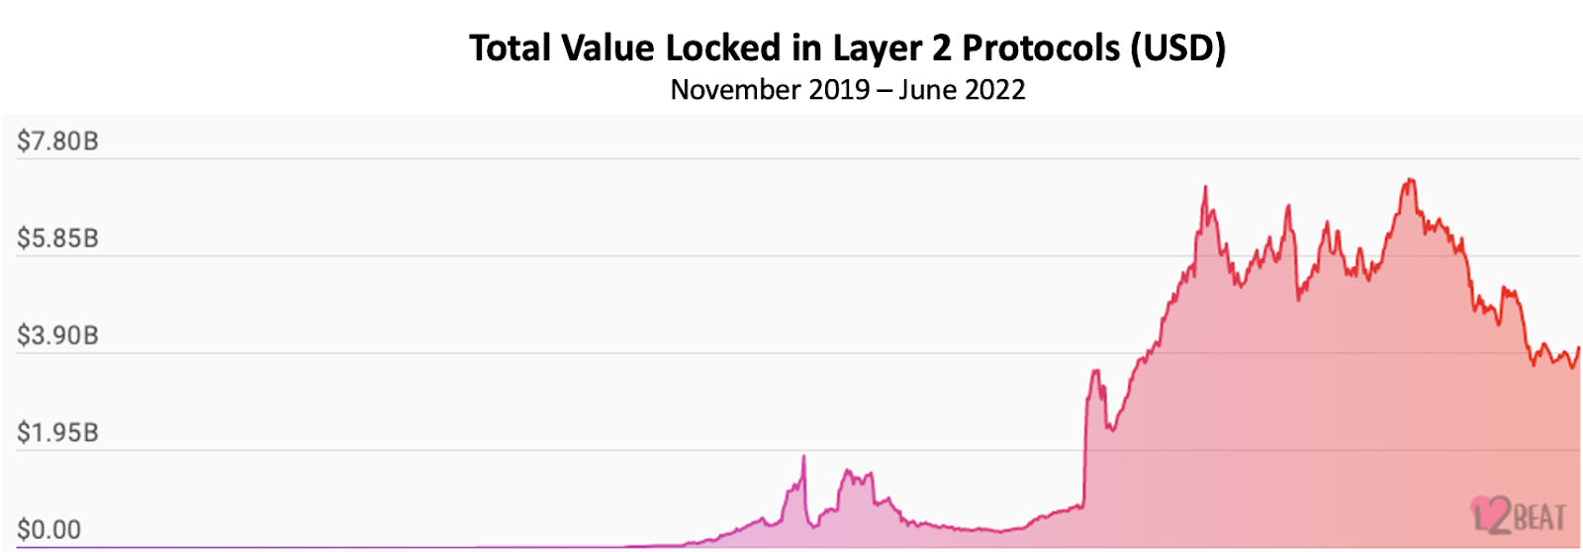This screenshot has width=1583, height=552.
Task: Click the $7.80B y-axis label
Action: [57, 141]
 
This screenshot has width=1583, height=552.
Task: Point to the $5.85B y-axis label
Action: [57, 238]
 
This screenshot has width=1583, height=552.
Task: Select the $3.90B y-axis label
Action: [57, 335]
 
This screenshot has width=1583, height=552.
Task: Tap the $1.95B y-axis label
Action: [57, 432]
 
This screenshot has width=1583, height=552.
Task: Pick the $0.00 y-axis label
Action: [48, 529]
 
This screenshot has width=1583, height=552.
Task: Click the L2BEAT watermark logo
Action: [1519, 515]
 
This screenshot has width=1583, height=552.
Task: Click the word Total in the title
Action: [510, 47]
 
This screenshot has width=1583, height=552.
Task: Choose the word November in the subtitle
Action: [735, 90]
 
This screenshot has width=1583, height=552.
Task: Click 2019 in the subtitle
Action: [839, 90]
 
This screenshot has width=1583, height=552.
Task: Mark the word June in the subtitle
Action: [927, 90]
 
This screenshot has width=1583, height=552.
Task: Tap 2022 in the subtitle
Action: [994, 90]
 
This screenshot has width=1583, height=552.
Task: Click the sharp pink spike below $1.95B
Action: [803, 458]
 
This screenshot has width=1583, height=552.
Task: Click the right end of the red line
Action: [1579, 348]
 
